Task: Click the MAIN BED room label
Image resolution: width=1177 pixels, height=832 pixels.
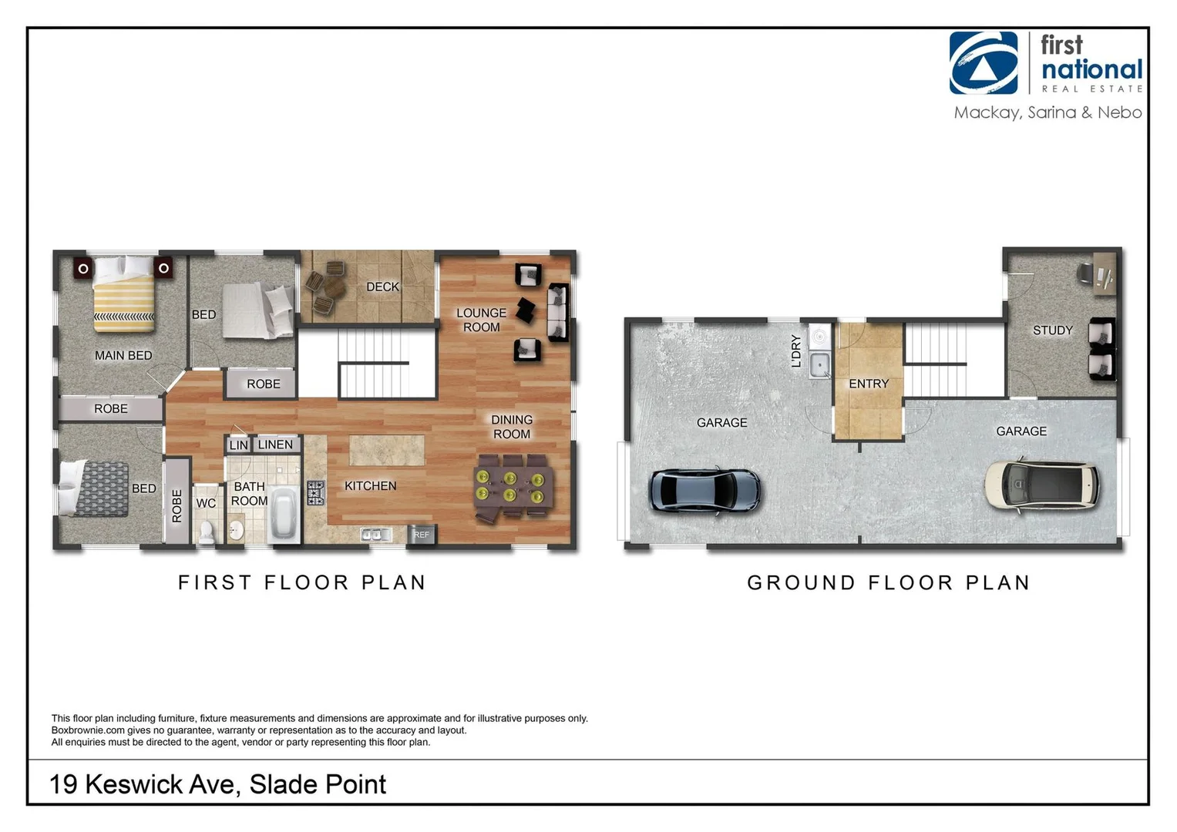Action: click(123, 355)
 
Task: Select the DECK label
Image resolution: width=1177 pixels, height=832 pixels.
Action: click(382, 287)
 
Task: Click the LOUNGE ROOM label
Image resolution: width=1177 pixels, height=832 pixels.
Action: click(481, 320)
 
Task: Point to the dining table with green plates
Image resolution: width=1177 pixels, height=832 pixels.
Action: click(512, 488)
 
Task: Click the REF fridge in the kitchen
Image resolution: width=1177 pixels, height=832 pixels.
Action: click(422, 534)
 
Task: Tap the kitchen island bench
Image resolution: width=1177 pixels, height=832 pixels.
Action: click(386, 450)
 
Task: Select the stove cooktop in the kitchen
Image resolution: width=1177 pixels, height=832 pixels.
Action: click(316, 492)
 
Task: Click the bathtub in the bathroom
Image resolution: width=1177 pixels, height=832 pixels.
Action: click(283, 514)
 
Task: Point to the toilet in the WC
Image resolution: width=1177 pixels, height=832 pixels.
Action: click(207, 532)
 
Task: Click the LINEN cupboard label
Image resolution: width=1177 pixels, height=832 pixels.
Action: click(275, 445)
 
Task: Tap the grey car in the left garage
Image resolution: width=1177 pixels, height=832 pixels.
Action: click(705, 491)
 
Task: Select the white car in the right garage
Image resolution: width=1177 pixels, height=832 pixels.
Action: click(1041, 485)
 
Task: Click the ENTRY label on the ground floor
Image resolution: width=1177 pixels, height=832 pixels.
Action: click(869, 384)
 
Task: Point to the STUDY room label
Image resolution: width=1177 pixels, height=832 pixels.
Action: click(1052, 330)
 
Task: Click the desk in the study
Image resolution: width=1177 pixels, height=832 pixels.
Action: click(1105, 276)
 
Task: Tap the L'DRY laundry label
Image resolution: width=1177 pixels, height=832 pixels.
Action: click(796, 351)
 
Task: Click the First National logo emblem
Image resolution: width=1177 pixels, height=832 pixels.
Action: click(983, 63)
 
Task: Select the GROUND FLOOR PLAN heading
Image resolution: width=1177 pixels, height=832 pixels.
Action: click(888, 583)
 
